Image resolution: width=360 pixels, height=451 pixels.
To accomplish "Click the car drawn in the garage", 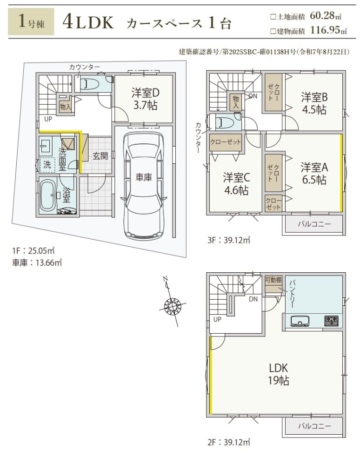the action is click(x=143, y=185).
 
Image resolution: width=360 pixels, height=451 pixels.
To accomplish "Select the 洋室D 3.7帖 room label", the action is click(x=145, y=99).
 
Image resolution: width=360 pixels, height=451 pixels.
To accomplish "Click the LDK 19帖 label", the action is click(x=278, y=374).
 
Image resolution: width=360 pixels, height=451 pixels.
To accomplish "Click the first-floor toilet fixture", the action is click(x=89, y=84).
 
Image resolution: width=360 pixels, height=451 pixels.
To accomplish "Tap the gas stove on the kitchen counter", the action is click(x=331, y=321).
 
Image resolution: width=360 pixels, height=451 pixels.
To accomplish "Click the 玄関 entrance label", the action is click(x=100, y=155).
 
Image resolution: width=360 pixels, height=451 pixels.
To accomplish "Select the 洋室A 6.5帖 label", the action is click(x=314, y=173).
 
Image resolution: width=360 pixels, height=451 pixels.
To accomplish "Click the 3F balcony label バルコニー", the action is click(x=314, y=223).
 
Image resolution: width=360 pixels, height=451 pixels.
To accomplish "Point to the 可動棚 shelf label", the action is click(x=273, y=280).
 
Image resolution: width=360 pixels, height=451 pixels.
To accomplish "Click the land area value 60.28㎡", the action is click(x=326, y=15).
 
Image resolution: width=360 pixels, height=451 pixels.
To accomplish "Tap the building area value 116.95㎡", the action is click(x=329, y=30).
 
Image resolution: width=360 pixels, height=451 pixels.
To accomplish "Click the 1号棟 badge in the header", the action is click(x=31, y=21).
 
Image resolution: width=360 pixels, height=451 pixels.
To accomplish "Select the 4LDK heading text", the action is click(x=88, y=22).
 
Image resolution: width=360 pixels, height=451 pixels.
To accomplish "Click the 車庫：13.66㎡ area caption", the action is click(x=37, y=263).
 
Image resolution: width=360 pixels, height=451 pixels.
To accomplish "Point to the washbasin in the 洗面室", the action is click(x=46, y=146).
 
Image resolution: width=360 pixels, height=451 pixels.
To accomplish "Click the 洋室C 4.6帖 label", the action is click(x=236, y=184).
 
